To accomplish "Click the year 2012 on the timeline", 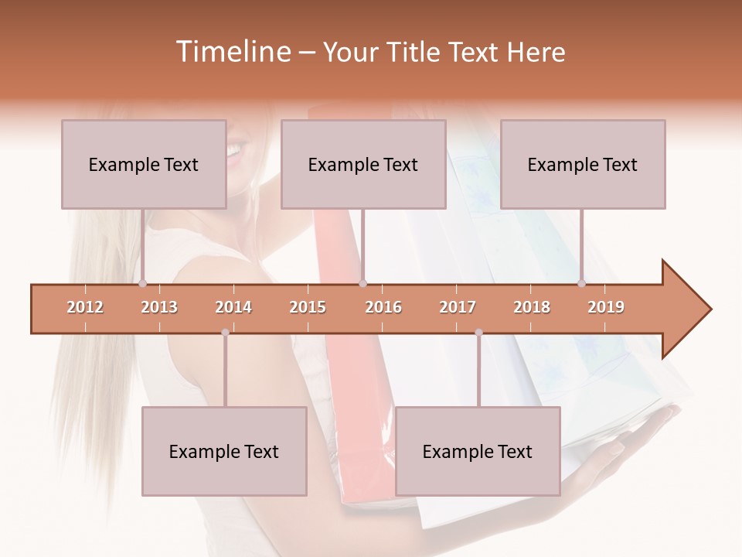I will click(x=85, y=308).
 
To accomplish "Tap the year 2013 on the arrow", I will click(x=159, y=308).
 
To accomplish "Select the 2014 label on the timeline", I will click(x=233, y=308).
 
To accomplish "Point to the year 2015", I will click(x=308, y=308).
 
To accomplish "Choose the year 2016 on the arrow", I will click(x=383, y=308).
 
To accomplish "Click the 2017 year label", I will click(x=458, y=308).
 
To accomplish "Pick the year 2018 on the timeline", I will click(x=532, y=308).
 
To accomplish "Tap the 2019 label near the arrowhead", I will click(x=606, y=308).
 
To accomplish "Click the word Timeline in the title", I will click(x=232, y=52).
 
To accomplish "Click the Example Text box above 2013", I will click(x=144, y=164).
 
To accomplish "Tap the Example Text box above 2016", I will click(x=363, y=164).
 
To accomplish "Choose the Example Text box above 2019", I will click(x=583, y=164).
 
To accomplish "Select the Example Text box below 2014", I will click(x=224, y=451).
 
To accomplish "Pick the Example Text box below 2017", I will click(x=478, y=451).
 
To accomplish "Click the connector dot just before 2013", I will click(x=143, y=284).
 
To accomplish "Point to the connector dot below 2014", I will click(x=225, y=333).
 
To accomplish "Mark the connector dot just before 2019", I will click(x=581, y=284).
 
